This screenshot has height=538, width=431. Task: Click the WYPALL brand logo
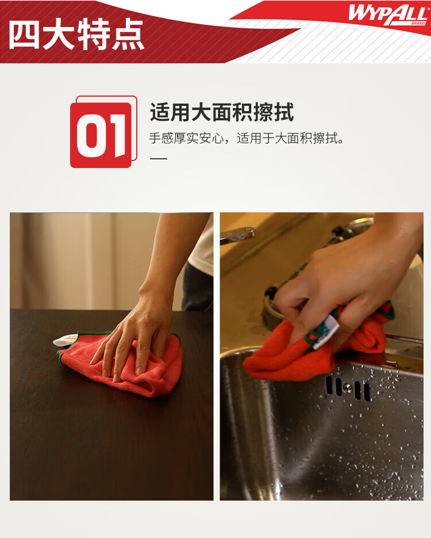pyautogui.click(x=388, y=14)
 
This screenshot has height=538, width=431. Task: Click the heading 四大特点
pyautogui.click(x=76, y=35)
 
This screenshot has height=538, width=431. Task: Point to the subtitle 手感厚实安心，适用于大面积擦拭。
pyautogui.click(x=247, y=138)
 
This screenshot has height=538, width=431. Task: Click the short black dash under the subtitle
pyautogui.click(x=159, y=158)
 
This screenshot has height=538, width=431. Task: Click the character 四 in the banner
pyautogui.click(x=24, y=35)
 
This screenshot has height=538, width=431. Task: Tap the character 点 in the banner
pyautogui.click(x=128, y=35)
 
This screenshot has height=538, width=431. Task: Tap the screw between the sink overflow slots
pyautogui.click(x=348, y=388)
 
